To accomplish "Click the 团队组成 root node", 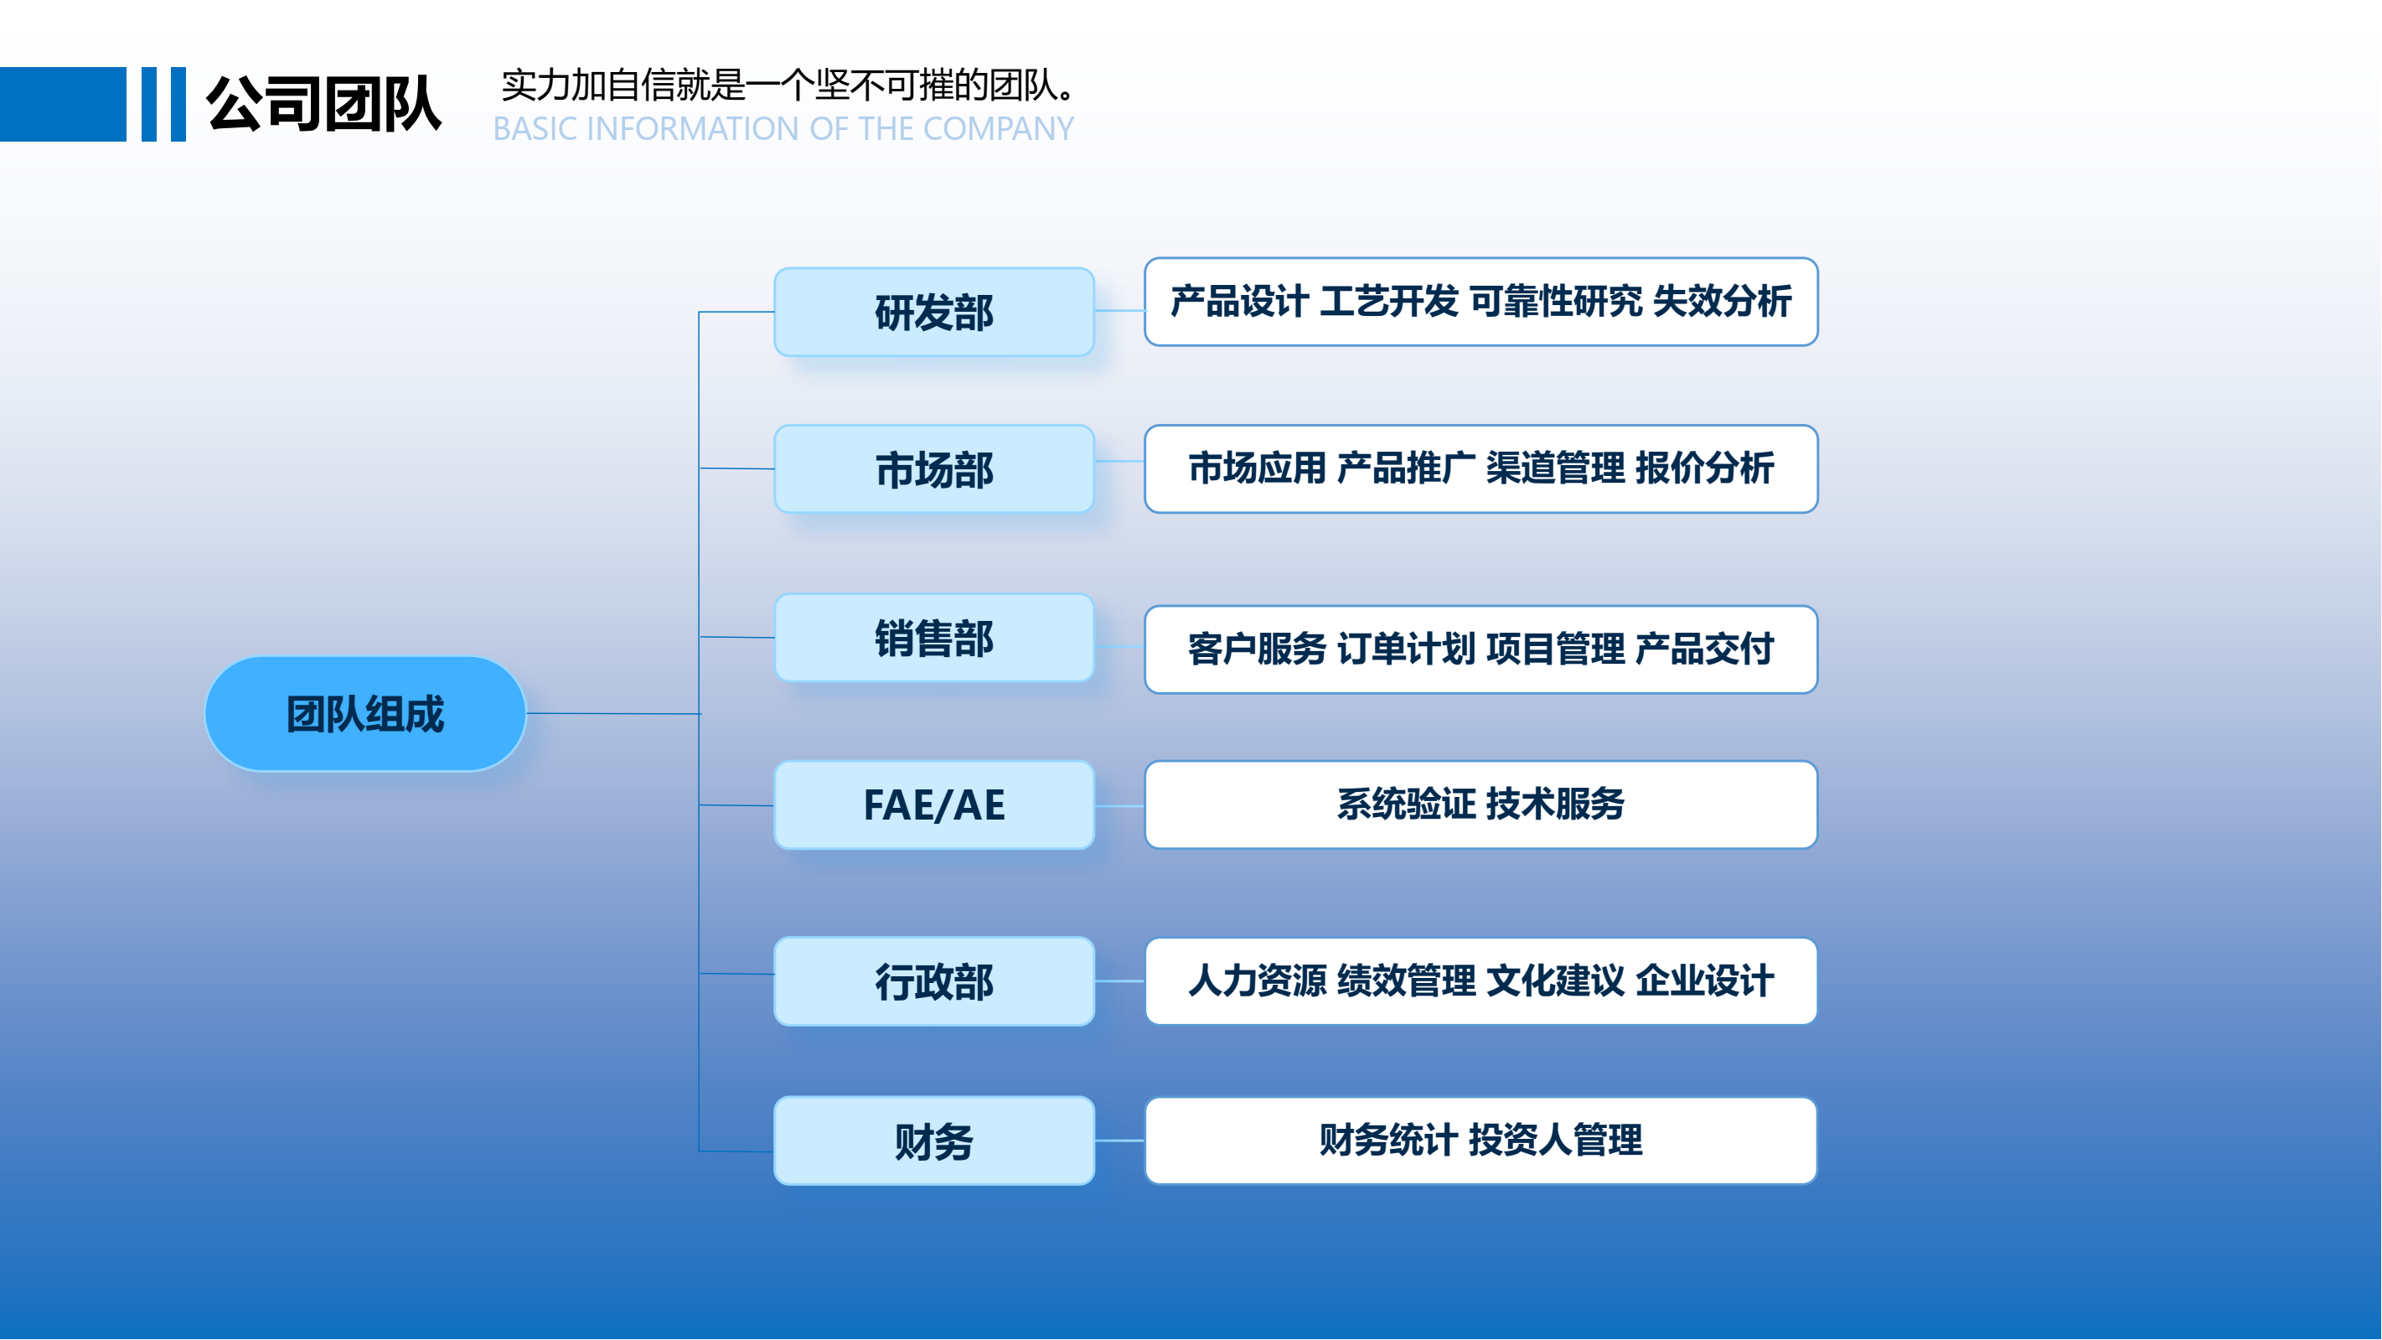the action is [365, 714].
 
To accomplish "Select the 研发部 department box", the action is [934, 313].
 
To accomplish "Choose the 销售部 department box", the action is [934, 638].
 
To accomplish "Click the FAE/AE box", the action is [934, 805].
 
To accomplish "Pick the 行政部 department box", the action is [934, 981].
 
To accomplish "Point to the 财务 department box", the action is [934, 1141].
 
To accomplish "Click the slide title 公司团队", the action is [323, 104].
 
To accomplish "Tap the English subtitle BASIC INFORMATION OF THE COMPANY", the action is [783, 128].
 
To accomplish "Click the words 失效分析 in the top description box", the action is [1722, 302].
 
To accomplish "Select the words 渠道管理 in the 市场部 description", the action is [1555, 468].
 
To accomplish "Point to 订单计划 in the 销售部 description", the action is [1407, 649].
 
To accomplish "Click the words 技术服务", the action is [1555, 804].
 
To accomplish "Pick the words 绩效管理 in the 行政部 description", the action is [1407, 980].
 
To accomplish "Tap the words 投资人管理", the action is [1555, 1140].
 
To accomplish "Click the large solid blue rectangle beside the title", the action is [63, 104].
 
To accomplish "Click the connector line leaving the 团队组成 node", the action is [613, 714].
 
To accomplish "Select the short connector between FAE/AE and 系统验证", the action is [1119, 805].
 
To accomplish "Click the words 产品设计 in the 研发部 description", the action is [1239, 302].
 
